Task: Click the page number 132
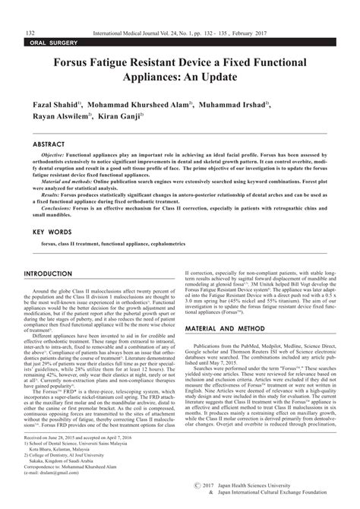pos(31,33)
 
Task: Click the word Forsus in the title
pos(82,62)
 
